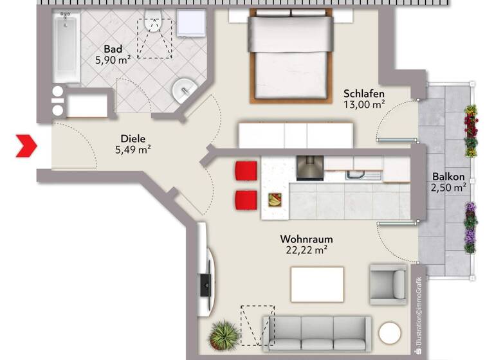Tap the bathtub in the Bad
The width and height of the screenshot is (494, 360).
pyautogui.click(x=66, y=50)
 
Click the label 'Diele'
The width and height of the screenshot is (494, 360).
pyautogui.click(x=133, y=138)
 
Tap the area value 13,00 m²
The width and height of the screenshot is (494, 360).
pyautogui.click(x=364, y=103)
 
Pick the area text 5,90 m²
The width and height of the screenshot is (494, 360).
pyautogui.click(x=113, y=60)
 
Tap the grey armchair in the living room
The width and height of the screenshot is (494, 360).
pyautogui.click(x=387, y=284)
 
